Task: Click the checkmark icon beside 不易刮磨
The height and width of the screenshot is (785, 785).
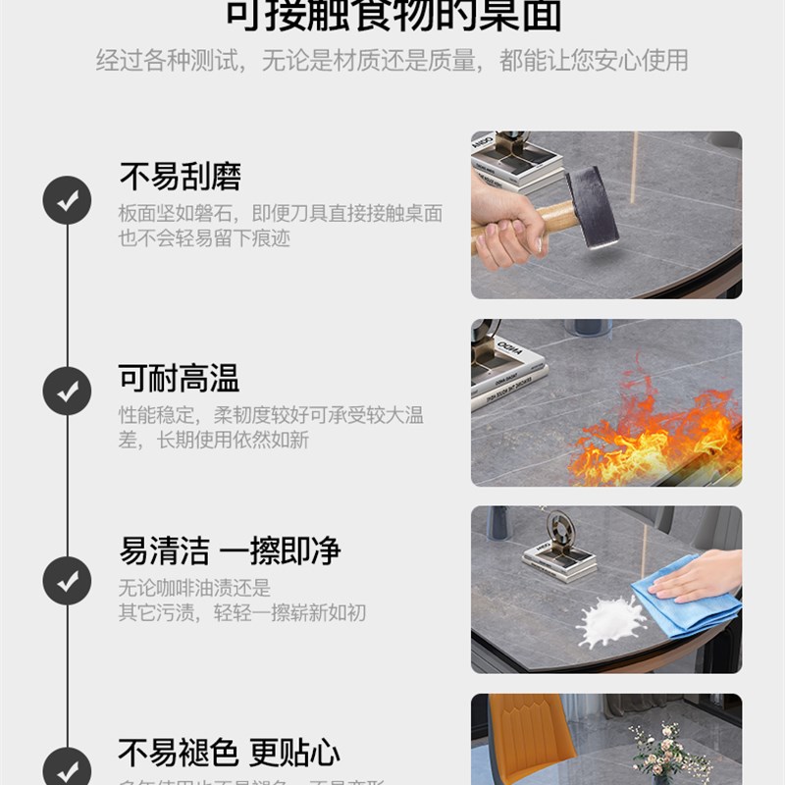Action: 67,200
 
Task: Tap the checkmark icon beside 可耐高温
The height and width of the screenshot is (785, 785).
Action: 67,391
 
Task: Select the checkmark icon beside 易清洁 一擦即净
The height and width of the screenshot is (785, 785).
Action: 67,580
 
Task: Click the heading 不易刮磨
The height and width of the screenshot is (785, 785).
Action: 180,177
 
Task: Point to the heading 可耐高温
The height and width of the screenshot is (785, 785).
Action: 179,378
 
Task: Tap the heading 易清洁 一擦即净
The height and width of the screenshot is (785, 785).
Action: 230,550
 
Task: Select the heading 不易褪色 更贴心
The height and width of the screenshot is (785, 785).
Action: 229,753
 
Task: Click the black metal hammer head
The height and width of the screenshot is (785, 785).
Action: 592,205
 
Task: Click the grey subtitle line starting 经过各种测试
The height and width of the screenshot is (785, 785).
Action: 392,61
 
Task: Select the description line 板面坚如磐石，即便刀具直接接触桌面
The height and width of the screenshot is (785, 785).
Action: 281,213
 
